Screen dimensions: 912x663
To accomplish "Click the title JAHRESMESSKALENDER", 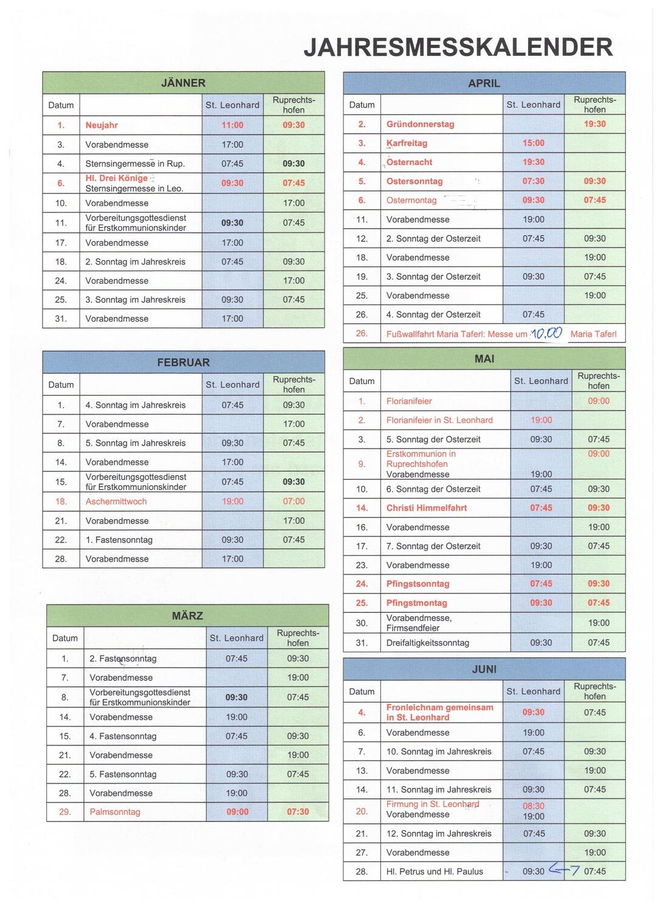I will [x=458, y=47].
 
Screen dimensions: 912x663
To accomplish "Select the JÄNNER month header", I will [x=183, y=83].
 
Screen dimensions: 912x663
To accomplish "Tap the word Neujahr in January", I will [x=101, y=125].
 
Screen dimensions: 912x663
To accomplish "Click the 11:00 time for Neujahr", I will [x=232, y=125].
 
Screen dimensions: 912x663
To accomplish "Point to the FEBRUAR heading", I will [x=183, y=362].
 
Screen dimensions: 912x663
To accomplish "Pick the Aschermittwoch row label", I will [x=116, y=502].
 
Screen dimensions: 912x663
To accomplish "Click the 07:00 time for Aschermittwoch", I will [x=294, y=502].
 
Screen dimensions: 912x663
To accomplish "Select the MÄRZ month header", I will [x=187, y=616].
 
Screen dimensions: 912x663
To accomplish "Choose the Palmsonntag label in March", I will [x=115, y=812].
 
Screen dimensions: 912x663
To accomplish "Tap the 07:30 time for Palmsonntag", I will [x=298, y=812].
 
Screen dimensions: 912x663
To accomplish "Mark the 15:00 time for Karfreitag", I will [x=534, y=143].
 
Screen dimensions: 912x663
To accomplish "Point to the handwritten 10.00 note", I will [x=546, y=333].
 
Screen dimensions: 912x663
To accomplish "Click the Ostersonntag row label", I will [x=414, y=181].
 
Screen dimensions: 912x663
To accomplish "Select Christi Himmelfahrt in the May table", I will [x=427, y=508].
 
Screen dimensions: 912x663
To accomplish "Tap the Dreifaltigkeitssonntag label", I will [x=428, y=643].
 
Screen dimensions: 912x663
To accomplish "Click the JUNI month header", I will [x=484, y=669].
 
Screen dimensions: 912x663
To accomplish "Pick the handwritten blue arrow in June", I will [x=564, y=870].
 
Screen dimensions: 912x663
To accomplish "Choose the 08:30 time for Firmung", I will [x=534, y=806].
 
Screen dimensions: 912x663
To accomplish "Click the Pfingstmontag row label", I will [x=416, y=603].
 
